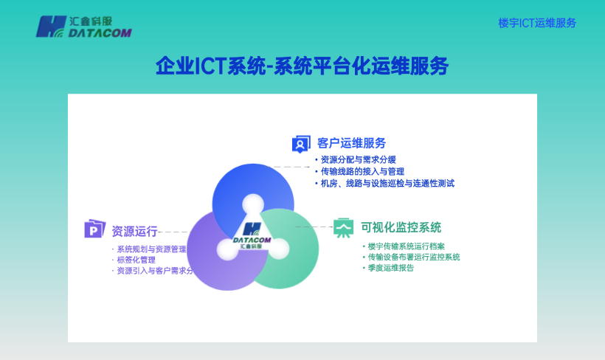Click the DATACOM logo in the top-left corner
(x=83, y=27)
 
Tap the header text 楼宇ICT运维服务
(x=536, y=23)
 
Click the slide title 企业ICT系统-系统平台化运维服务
(x=302, y=66)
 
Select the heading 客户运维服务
(x=351, y=143)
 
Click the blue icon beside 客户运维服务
(x=301, y=144)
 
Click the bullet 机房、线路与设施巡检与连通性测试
(x=387, y=183)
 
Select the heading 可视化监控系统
(x=401, y=227)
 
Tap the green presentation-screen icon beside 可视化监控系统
(x=343, y=227)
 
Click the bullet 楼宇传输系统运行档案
(x=406, y=246)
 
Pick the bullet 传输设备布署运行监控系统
(x=413, y=257)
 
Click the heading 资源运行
(x=134, y=231)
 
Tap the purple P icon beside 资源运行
(x=94, y=229)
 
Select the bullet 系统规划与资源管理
(x=151, y=249)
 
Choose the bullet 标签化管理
(x=136, y=260)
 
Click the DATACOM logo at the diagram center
(x=252, y=235)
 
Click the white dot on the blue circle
(x=253, y=204)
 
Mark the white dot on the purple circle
(x=227, y=249)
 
